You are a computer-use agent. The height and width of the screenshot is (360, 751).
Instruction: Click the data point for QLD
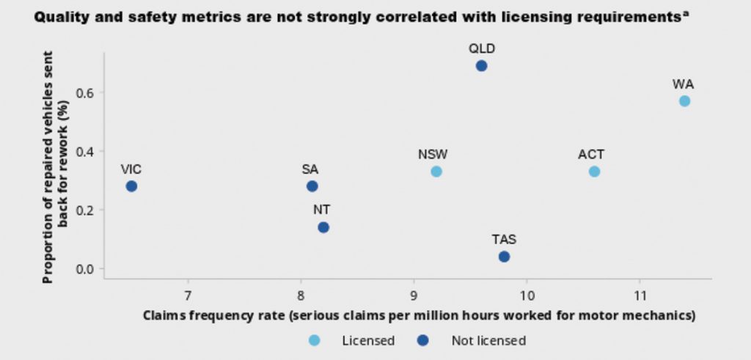coord(481,66)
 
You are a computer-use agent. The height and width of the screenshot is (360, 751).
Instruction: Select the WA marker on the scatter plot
coord(684,101)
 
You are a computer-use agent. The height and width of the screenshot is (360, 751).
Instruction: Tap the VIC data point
coord(131,186)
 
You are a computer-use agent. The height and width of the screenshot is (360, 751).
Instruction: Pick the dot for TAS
coord(504,257)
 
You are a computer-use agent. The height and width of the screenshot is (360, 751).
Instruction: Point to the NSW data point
coord(436,172)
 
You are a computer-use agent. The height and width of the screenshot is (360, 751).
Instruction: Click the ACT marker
coord(594,172)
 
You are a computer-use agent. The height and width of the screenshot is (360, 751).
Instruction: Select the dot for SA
coord(312,186)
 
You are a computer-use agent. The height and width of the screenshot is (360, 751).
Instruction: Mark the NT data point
coord(323,227)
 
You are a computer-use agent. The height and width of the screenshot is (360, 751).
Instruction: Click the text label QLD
coord(482,49)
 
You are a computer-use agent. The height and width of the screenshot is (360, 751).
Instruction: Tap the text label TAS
coord(504,240)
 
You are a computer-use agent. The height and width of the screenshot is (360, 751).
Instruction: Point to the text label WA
coord(683,84)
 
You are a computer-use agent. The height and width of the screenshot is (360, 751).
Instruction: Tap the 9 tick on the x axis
coord(414,296)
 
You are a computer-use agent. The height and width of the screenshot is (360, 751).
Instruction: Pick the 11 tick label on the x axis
coord(640,296)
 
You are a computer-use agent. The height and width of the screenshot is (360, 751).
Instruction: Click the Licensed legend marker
coord(315,340)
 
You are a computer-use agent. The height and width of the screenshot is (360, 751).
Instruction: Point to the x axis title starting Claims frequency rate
coord(419,317)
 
